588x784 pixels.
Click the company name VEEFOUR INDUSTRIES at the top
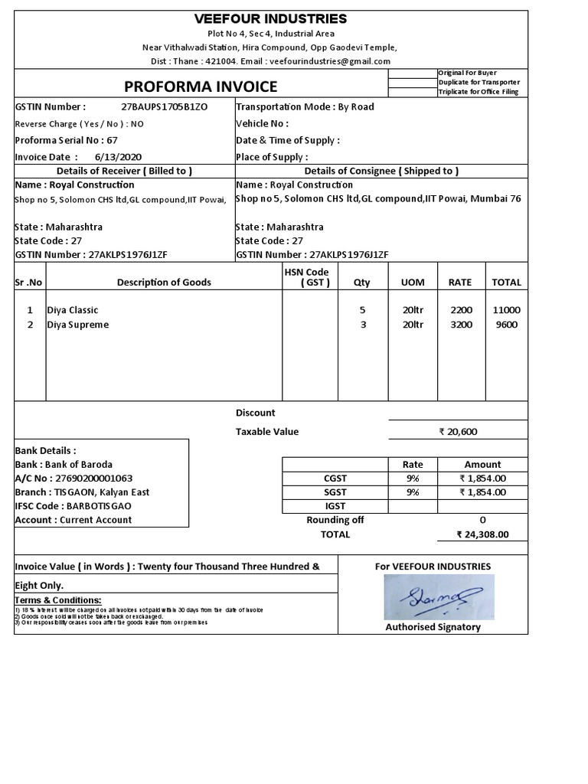270,18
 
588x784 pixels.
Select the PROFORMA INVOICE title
201,87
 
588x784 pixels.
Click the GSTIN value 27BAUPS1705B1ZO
165,107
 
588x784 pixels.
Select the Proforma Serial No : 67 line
67,140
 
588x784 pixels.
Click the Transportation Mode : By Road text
305,107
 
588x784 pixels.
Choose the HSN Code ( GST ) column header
306,277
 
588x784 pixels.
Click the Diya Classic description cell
73,310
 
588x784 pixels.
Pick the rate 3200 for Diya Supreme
461,325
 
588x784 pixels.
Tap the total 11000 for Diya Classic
506,310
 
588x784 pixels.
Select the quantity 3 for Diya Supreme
363,325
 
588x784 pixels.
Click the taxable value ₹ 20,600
458,432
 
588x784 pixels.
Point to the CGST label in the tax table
335,479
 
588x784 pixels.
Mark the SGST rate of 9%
412,492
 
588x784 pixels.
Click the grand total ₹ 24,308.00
482,535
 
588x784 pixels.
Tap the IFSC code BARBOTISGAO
96,506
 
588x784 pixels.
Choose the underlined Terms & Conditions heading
58,600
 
